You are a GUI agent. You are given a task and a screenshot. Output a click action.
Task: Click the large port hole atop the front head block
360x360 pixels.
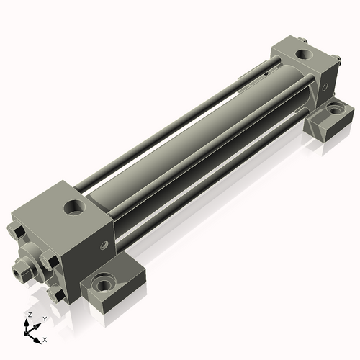[x=74, y=209]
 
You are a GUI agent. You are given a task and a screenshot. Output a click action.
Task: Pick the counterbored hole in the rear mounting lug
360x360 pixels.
[x=336, y=111]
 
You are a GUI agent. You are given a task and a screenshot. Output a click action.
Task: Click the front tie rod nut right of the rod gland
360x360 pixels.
[x=49, y=262]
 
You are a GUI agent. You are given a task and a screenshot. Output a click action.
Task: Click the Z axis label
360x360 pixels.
[x=29, y=315]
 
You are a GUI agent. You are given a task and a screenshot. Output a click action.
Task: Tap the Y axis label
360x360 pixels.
[x=45, y=318]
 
